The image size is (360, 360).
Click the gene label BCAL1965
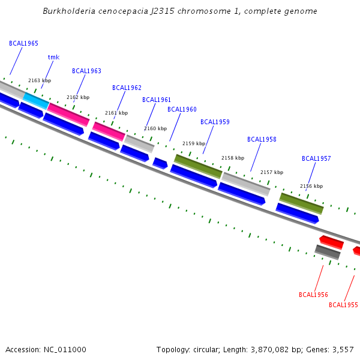pos(23,44)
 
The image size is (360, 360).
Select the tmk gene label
pos(53,58)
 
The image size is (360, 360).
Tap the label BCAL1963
pos(86,71)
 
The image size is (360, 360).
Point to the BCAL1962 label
pos(127,88)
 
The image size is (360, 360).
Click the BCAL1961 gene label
pos(157,100)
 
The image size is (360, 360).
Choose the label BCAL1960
pos(182,109)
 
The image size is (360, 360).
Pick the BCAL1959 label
pos(215,122)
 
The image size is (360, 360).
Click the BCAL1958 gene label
pos(262,139)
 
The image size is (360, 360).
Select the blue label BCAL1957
pos(316,159)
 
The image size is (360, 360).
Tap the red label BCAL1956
pos(313,295)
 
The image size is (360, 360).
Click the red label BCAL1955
pos(343,305)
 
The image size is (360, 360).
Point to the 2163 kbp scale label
pos(40,80)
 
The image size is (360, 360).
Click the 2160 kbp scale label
pos(155,128)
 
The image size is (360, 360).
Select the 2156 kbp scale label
pos(311,186)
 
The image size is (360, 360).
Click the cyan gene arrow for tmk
pos(36,101)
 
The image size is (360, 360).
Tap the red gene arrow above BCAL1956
pos(331,242)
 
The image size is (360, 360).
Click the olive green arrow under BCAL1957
pos(301,203)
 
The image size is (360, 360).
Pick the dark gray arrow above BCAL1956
pos(328,252)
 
